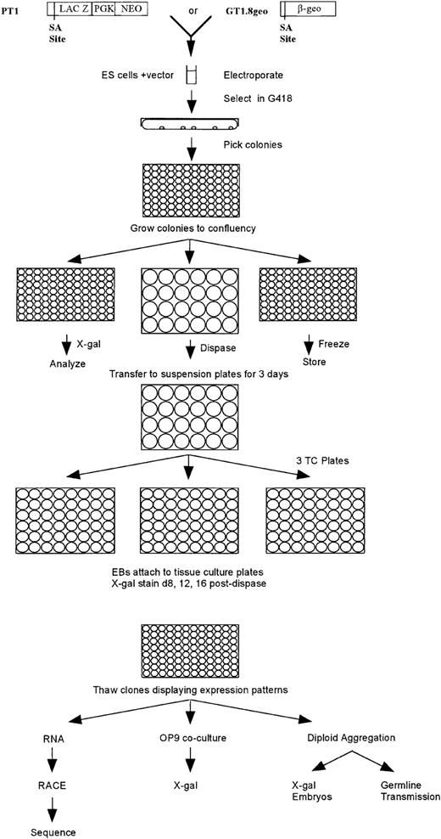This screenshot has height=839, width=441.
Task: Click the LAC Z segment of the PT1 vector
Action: coord(75,9)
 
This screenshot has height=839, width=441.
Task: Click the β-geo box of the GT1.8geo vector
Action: coord(308,9)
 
